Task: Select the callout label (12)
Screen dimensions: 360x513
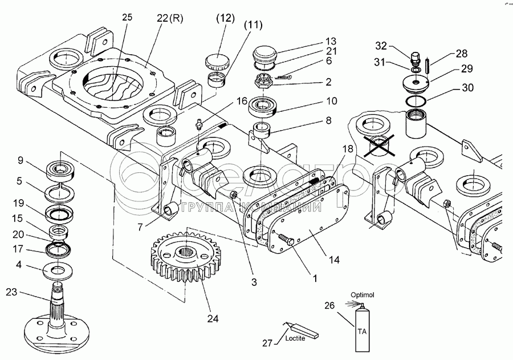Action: tap(225, 18)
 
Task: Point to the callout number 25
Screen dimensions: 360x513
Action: tap(127, 18)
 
